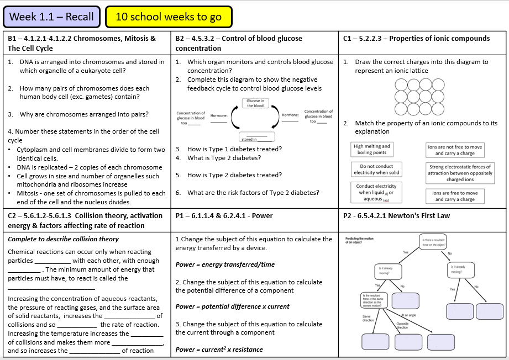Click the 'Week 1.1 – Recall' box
click(x=53, y=17)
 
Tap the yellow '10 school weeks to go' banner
click(x=169, y=17)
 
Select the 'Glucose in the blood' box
click(x=255, y=103)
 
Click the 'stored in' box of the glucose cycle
click(x=255, y=137)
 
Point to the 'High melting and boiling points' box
click(x=372, y=150)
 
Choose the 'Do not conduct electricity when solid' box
click(x=376, y=170)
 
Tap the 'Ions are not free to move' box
click(x=455, y=150)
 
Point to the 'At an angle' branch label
click(x=408, y=315)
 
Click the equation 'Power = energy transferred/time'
click(x=224, y=264)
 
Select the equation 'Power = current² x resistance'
click(x=219, y=350)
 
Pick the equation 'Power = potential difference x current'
click(x=232, y=306)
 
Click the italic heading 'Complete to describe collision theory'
click(x=63, y=239)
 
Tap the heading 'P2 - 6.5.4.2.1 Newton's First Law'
click(x=396, y=215)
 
